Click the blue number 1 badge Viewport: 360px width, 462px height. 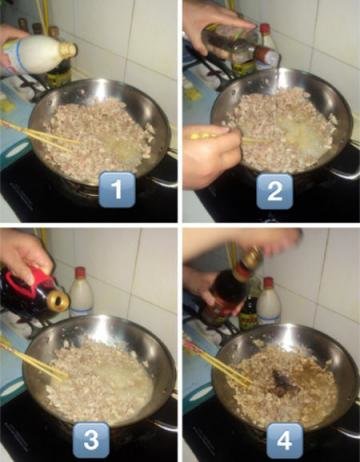[117, 189]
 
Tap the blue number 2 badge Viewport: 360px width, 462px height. [274, 191]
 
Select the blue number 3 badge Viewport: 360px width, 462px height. [91, 440]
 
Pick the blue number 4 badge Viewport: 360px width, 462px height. [285, 441]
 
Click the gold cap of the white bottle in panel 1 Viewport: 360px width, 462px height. [69, 50]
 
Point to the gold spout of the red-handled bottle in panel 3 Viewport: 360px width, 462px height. [59, 301]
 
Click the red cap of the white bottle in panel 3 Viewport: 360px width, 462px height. [80, 272]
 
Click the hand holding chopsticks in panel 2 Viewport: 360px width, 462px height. [211, 153]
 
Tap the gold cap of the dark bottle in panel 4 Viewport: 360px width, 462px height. [253, 258]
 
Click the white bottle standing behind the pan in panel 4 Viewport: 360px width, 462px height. [268, 302]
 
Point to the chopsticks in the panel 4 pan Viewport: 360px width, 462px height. [216, 363]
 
